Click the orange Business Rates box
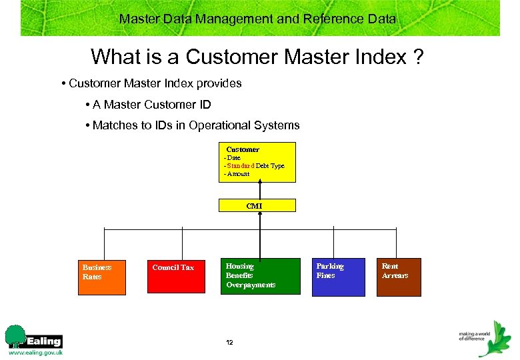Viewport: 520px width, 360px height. [103, 276]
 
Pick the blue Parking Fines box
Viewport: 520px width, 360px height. [339, 277]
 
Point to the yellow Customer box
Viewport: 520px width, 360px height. [258, 162]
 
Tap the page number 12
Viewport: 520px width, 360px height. [229, 343]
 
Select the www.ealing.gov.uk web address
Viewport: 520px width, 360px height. [35, 353]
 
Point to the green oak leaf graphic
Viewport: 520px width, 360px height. [494, 340]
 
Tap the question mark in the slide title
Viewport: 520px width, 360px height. [417, 57]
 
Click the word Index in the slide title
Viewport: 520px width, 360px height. [379, 57]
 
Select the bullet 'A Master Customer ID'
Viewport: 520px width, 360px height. [151, 105]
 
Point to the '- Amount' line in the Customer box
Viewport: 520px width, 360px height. [237, 174]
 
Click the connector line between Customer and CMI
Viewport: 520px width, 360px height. [259, 190]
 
